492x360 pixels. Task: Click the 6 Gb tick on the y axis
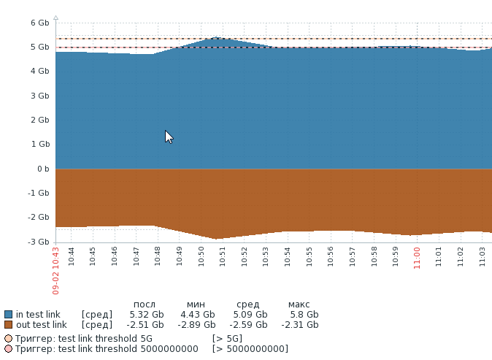(x=39, y=23)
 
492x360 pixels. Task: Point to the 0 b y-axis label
(x=42, y=169)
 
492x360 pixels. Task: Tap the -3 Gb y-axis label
(x=39, y=242)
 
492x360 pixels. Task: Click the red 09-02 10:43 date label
(x=55, y=270)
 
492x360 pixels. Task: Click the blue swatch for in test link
(x=8, y=315)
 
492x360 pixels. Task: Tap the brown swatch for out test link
(x=8, y=325)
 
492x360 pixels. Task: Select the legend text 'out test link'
(x=42, y=325)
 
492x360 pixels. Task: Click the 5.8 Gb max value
(x=304, y=315)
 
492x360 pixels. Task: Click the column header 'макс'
(x=299, y=305)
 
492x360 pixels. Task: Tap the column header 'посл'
(x=145, y=305)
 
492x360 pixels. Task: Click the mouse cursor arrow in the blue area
(x=168, y=136)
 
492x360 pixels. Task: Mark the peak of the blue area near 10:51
(x=217, y=37)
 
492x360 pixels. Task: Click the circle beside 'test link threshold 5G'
(x=8, y=339)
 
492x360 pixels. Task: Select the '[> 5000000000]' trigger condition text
(x=250, y=349)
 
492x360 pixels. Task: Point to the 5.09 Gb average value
(x=250, y=315)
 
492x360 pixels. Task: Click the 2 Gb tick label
(x=39, y=120)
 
